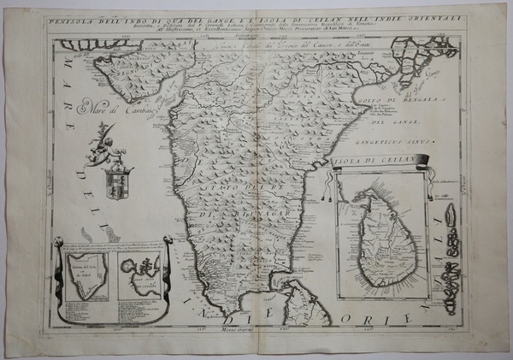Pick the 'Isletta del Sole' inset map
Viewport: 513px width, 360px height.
point(85,280)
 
